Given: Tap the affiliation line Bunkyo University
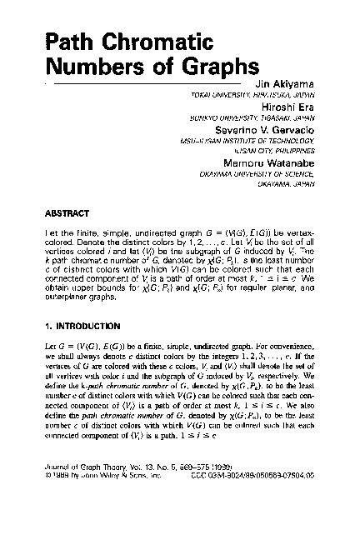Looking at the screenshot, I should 253,120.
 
